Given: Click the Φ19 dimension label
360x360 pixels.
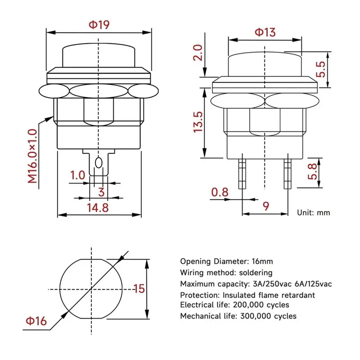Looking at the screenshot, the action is pyautogui.click(x=99, y=25).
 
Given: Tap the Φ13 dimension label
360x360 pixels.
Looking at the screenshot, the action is pyautogui.click(x=265, y=32).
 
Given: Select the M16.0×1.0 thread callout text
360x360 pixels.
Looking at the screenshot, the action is pyautogui.click(x=32, y=156).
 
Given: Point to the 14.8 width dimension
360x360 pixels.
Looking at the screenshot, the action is pyautogui.click(x=98, y=207).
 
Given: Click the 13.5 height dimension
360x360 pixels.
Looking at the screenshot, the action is pyautogui.click(x=198, y=122).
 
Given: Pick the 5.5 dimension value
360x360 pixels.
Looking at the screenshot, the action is pyautogui.click(x=321, y=69).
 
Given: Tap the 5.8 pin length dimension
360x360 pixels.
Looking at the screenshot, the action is pyautogui.click(x=312, y=171).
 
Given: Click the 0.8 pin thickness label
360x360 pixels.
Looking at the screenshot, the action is pyautogui.click(x=220, y=192).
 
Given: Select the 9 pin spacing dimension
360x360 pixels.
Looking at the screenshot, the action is pyautogui.click(x=265, y=206).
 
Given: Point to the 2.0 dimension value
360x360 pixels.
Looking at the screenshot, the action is pyautogui.click(x=198, y=53).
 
